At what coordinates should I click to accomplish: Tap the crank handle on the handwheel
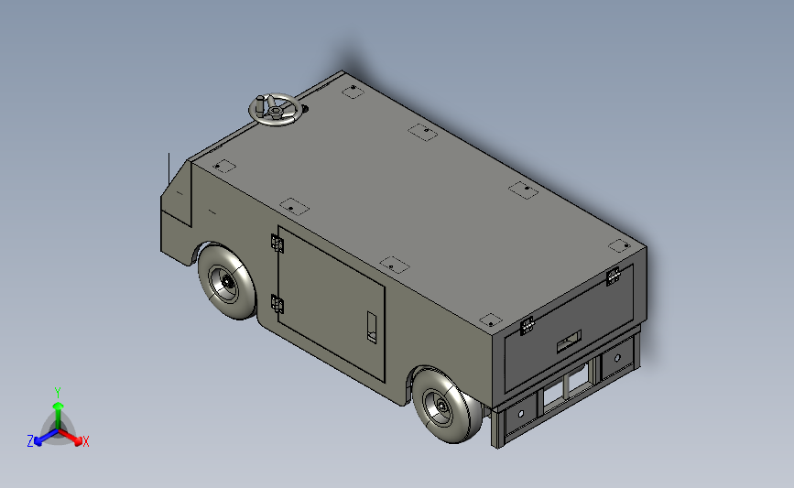tap(260, 104)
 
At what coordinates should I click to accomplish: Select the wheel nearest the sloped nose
tap(227, 283)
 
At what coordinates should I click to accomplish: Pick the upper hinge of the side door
tap(277, 244)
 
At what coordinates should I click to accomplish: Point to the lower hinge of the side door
tap(277, 304)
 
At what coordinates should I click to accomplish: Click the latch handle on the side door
tap(372, 328)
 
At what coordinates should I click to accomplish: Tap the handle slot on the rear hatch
tap(569, 342)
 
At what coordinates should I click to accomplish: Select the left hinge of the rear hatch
tap(527, 326)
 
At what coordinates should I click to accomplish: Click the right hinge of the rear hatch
tap(614, 276)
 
